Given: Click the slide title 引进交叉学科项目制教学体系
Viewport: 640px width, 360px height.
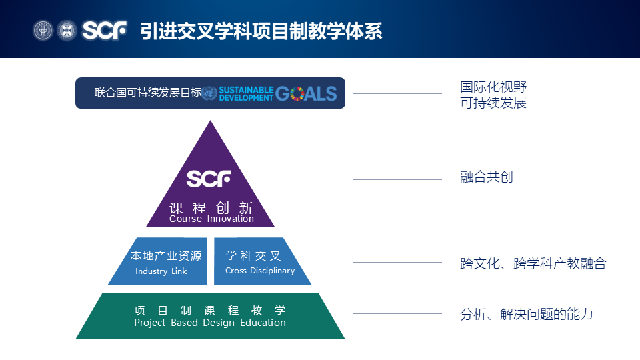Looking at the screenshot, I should pyautogui.click(x=261, y=31).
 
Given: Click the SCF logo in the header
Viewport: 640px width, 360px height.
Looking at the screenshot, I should pyautogui.click(x=105, y=31).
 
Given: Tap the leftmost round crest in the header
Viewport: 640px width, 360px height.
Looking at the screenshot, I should pyautogui.click(x=43, y=31).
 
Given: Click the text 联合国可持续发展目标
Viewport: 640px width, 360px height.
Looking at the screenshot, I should pyautogui.click(x=147, y=93).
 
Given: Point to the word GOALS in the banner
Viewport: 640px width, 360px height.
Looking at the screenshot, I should pyautogui.click(x=306, y=93).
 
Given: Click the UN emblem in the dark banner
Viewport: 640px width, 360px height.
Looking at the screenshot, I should pyautogui.click(x=209, y=93).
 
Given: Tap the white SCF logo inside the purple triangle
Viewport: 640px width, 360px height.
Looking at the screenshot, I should pyautogui.click(x=209, y=179).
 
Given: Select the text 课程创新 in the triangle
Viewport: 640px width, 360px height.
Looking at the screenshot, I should pyautogui.click(x=211, y=207).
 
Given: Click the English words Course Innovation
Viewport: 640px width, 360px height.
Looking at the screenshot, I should pyautogui.click(x=211, y=219).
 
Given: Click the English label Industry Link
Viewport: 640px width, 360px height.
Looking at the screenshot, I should pyautogui.click(x=161, y=271).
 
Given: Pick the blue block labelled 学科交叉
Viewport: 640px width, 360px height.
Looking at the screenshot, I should pyautogui.click(x=260, y=261).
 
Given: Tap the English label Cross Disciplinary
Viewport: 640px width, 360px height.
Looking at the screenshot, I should pyautogui.click(x=260, y=271).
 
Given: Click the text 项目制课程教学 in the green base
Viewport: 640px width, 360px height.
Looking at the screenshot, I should pyautogui.click(x=209, y=310).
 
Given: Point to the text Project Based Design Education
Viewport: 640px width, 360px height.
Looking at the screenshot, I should pyautogui.click(x=210, y=323).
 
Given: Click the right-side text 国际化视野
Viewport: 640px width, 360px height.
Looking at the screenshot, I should pyautogui.click(x=493, y=87).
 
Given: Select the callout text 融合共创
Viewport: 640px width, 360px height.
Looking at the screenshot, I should pyautogui.click(x=487, y=177).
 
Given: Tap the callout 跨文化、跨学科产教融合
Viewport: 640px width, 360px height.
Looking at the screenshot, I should pyautogui.click(x=533, y=263).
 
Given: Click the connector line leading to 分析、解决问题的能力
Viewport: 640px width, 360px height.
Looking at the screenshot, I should pyautogui.click(x=397, y=313).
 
